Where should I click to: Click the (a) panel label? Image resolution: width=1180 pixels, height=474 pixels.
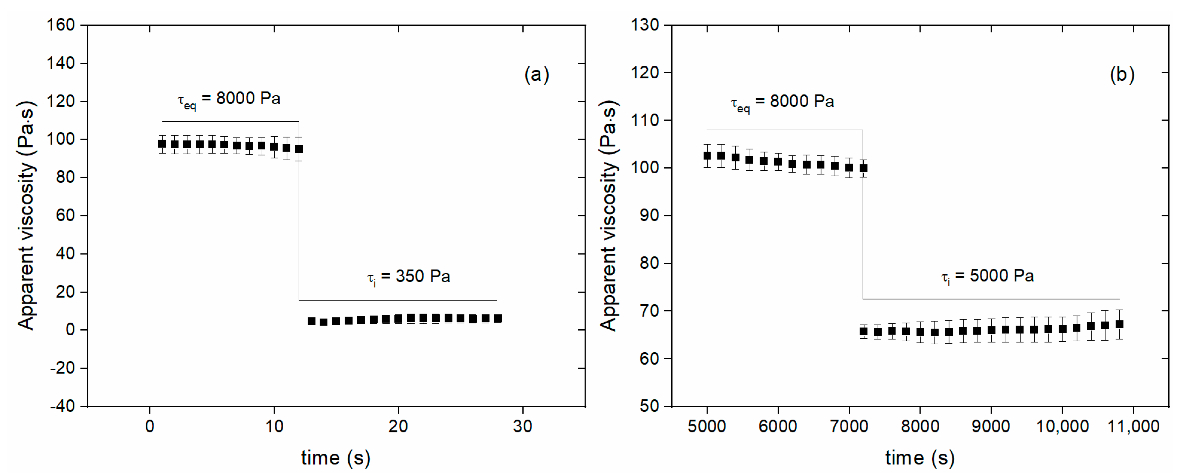pos(536,74)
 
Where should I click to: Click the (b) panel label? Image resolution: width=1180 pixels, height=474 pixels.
pos(1122,74)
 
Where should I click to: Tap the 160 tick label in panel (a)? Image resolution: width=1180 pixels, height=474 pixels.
pos(61,25)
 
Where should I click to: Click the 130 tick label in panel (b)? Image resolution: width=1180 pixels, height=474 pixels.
pos(645,25)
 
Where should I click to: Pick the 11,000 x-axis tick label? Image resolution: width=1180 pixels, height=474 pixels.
pos(1133,426)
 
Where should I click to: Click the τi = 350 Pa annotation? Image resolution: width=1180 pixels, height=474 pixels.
pos(408,277)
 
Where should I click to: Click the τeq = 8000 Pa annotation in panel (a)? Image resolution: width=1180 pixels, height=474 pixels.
pos(229,100)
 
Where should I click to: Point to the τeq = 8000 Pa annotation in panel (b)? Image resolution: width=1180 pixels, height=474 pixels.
pos(782,102)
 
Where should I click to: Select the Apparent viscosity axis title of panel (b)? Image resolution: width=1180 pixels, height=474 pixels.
pos(609,215)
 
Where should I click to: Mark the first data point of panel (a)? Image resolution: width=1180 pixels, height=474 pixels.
pos(162,144)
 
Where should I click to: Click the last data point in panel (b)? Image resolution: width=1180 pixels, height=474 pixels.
pos(1119,324)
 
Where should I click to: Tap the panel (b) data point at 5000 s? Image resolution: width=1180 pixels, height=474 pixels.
pos(707,156)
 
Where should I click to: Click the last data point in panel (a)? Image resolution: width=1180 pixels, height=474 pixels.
pos(498,318)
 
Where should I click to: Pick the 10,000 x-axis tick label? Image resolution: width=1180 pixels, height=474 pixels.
pos(1062,426)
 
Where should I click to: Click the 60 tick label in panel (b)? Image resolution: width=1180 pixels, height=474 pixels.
pos(649,359)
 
